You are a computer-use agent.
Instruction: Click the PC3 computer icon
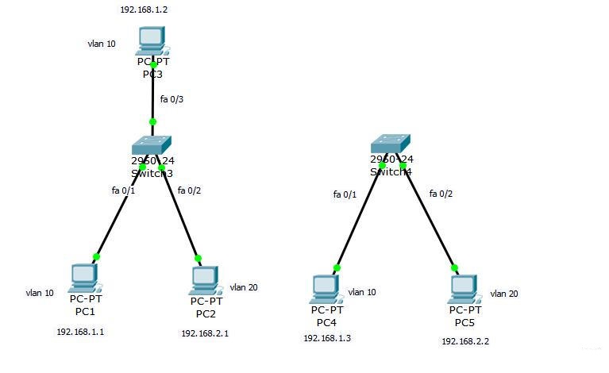[x=151, y=40]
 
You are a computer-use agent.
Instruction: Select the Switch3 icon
[x=151, y=145]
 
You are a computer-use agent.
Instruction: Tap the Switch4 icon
[x=391, y=143]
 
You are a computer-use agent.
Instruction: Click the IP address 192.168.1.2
[x=144, y=10]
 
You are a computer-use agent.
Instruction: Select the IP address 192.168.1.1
[x=79, y=332]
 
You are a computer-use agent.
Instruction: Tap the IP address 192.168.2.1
[x=205, y=333]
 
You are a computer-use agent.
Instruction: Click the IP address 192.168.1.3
[x=327, y=338]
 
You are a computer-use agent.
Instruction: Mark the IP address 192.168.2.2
[x=465, y=340]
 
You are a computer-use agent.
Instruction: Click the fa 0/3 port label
[x=172, y=99]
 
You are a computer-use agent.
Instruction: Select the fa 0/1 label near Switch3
[x=124, y=190]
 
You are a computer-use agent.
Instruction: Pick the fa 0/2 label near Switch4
[x=441, y=194]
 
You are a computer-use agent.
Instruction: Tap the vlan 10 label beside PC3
[x=102, y=44]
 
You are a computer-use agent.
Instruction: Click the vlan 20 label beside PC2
[x=243, y=287]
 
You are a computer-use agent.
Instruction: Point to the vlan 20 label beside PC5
[x=504, y=294]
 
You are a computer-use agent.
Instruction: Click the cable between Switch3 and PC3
[x=152, y=94]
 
